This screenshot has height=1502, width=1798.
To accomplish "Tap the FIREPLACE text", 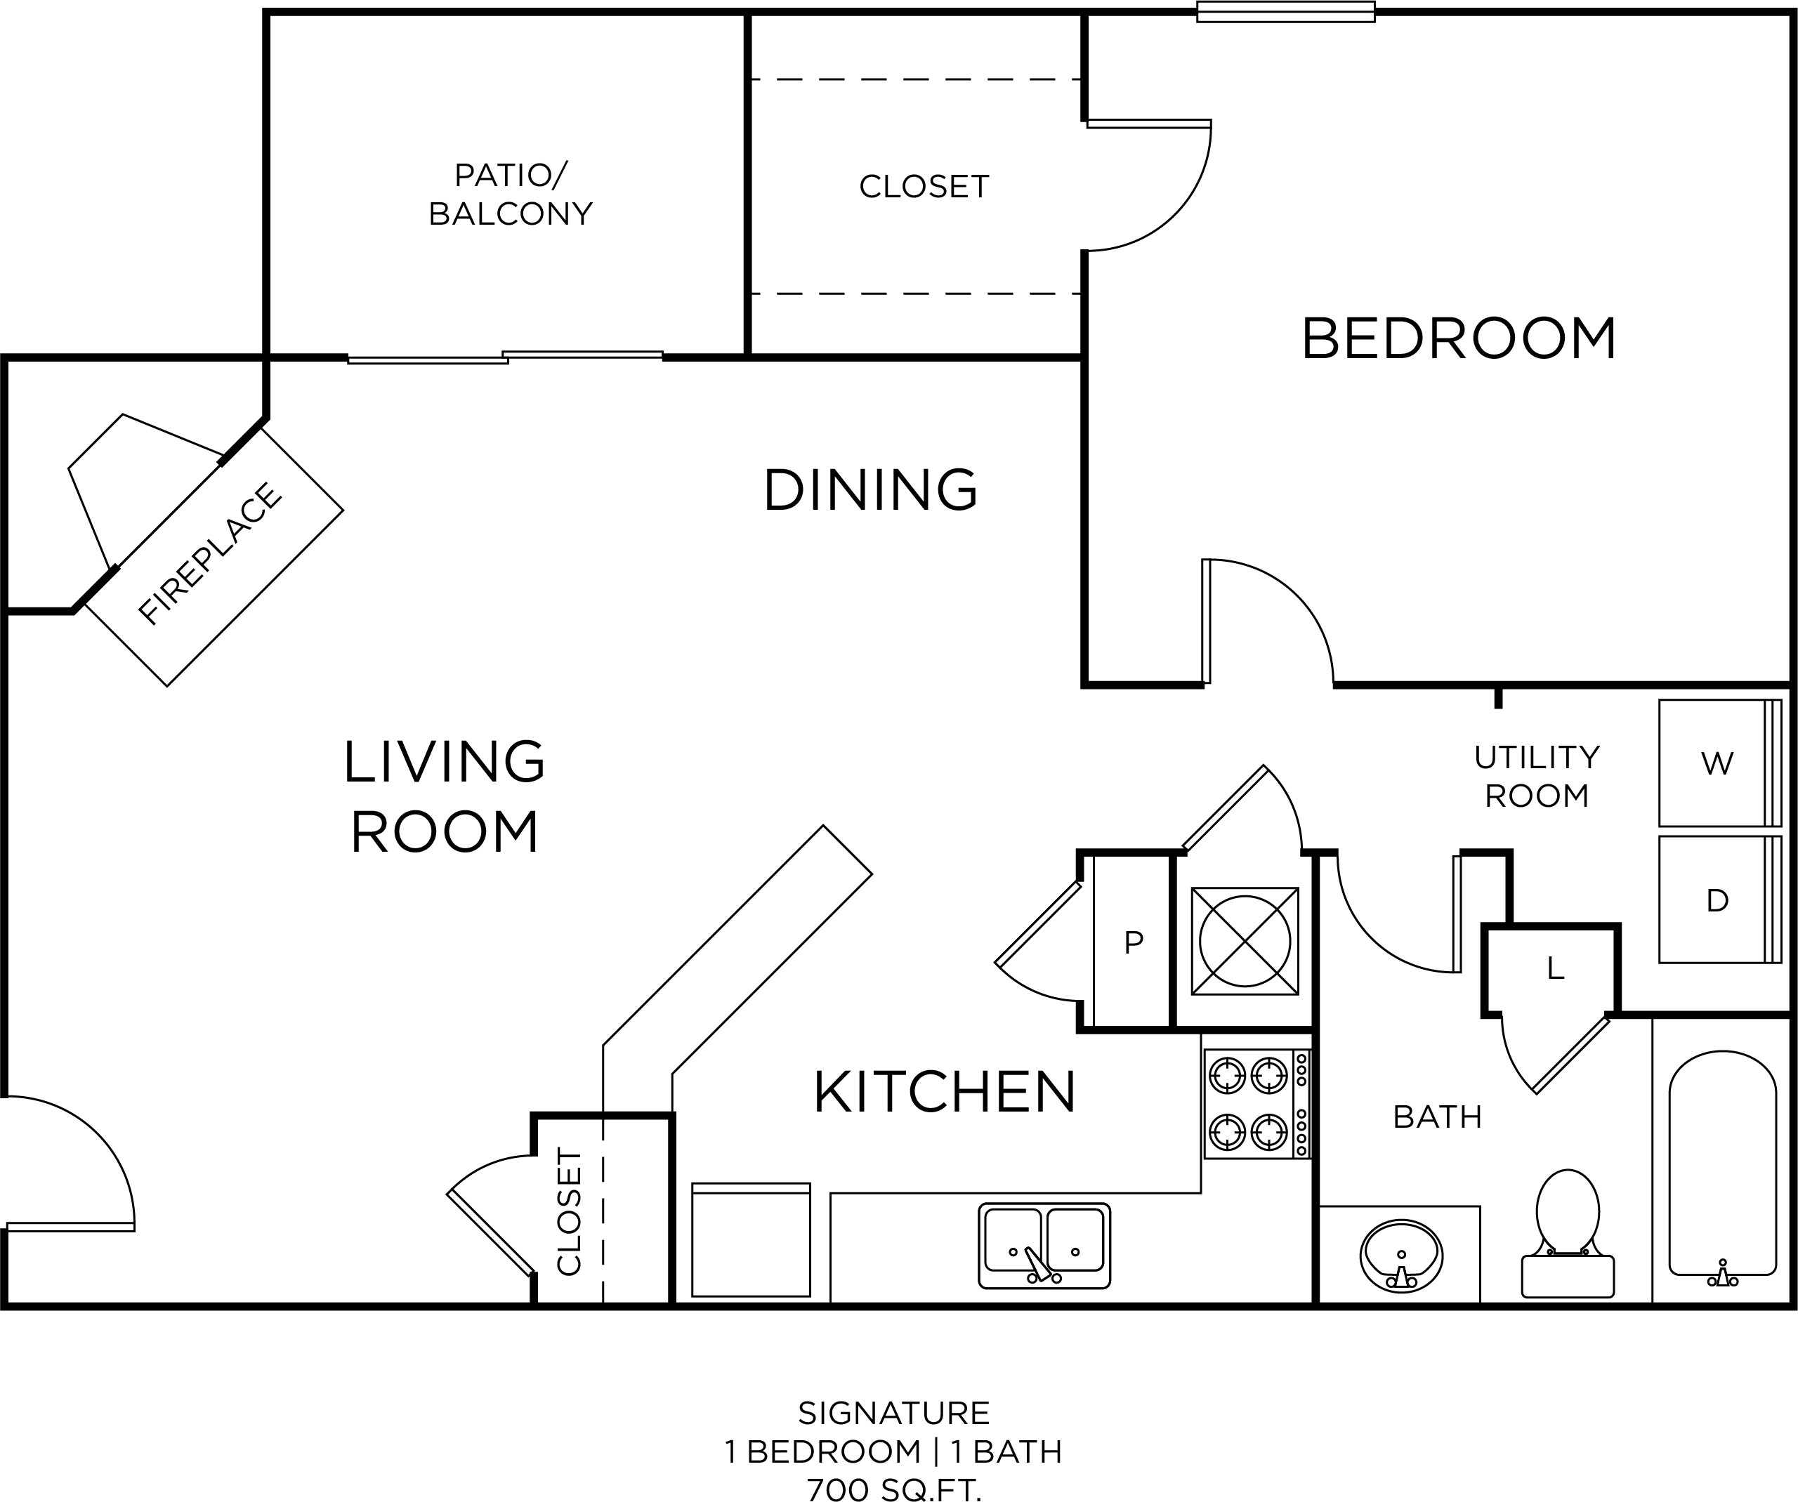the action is (210, 554).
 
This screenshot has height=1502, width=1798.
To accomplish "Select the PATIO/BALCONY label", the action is (511, 195).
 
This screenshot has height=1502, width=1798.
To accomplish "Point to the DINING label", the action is (870, 489).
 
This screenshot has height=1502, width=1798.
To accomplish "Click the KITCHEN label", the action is (945, 1092).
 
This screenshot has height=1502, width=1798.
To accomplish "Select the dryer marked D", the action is (1720, 900).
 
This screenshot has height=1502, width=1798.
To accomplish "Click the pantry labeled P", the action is (1132, 942).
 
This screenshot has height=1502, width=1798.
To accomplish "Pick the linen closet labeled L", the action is (1551, 970).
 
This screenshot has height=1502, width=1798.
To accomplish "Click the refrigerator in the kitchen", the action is (751, 1240).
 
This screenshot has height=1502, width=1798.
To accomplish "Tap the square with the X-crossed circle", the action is (1245, 942).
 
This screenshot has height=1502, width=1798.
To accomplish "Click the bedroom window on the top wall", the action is (1285, 12).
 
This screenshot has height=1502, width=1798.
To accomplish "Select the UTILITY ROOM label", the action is (1537, 776).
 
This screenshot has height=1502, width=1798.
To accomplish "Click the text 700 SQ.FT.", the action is (894, 1490).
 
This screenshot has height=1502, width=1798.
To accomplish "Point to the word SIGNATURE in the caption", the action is (894, 1412).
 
